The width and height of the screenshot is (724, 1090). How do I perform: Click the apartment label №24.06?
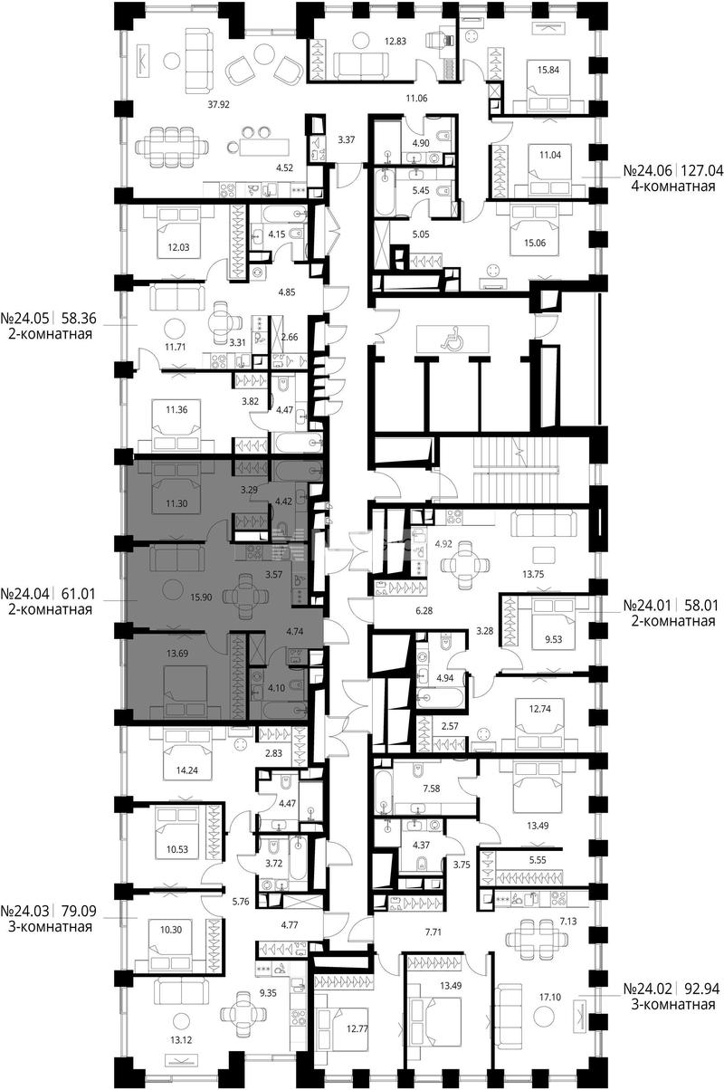coord(647,170)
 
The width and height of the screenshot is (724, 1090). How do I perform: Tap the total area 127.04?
coord(701,170)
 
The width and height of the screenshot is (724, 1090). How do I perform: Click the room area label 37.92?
coord(218,103)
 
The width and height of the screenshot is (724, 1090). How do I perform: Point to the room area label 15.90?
coord(201,598)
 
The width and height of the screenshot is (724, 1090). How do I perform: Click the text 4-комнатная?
coord(673,186)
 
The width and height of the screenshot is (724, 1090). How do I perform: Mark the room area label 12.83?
coord(395,42)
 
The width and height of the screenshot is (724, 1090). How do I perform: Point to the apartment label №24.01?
coord(647,606)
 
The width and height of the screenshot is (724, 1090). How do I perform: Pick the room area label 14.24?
coord(186,770)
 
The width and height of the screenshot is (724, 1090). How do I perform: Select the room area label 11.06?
coord(416,99)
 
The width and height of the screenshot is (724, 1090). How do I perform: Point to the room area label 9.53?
coord(554,639)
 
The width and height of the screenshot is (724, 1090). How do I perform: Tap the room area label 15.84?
coord(548,70)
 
